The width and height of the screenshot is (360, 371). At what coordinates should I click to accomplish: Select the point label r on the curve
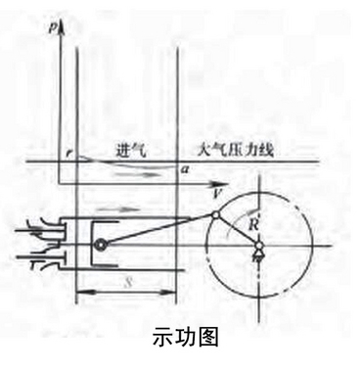(67, 153)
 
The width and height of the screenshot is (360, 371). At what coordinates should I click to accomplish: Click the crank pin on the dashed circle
(215, 213)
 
